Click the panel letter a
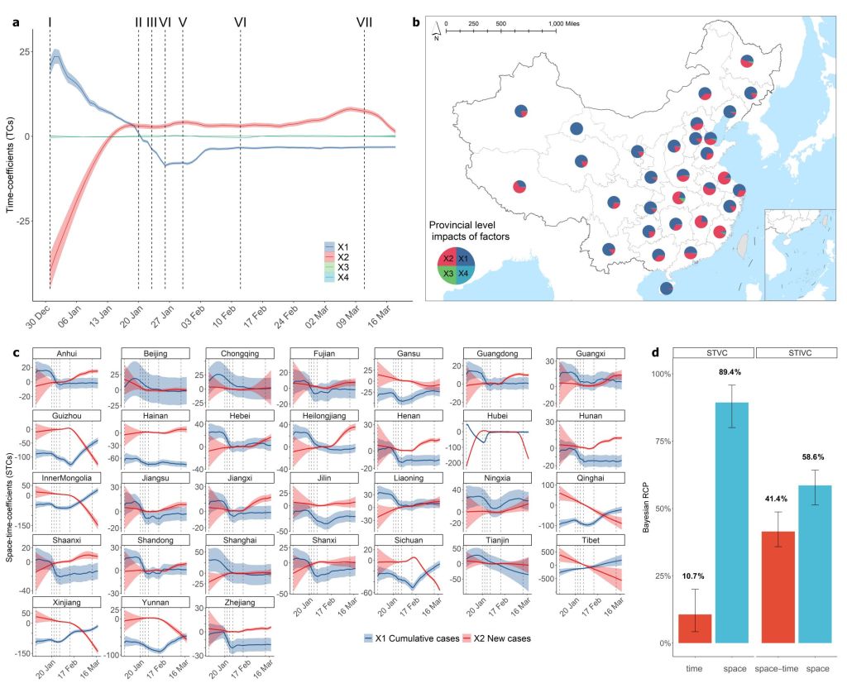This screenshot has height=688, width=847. pos(16,22)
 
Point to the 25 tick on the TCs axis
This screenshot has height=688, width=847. pos(25,51)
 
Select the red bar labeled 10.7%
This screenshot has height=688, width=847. pos(695,628)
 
